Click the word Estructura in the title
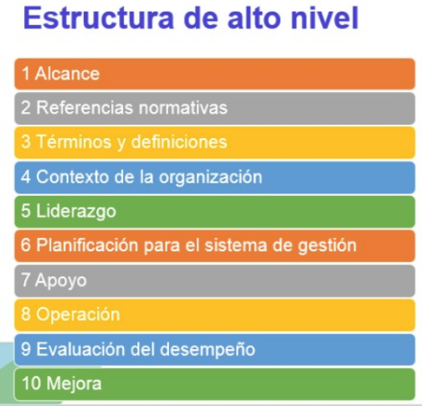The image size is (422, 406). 99,18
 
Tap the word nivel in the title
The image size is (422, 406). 324,18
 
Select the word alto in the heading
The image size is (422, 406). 254,18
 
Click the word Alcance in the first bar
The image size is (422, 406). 67,74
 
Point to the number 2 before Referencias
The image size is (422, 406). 26,107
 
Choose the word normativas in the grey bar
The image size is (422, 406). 183,107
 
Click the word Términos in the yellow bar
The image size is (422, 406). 74,141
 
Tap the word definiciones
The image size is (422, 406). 179,141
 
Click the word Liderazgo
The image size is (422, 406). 76,212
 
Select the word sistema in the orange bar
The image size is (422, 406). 235,245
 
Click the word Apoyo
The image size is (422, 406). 61,280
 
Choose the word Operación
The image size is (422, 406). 78,315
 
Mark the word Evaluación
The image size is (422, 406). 80,349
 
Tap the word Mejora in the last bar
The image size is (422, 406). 74,383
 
